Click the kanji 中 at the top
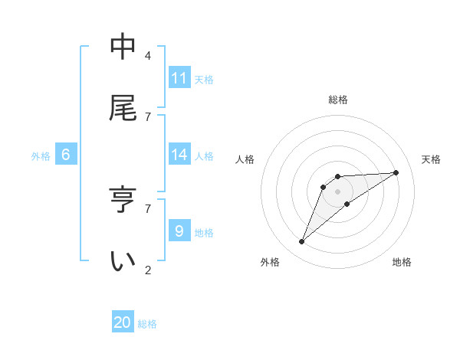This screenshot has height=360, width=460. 123,47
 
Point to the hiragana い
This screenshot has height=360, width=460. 123,260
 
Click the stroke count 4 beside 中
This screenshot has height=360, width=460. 148,55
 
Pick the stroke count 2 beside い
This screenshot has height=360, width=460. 148,269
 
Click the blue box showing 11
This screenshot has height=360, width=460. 179,78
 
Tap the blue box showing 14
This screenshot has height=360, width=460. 179,155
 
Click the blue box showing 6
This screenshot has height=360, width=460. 66,155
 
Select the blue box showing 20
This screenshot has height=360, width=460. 123,322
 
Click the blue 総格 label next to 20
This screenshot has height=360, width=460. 147,324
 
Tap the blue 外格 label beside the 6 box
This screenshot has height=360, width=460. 41,156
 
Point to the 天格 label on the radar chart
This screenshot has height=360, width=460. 431,159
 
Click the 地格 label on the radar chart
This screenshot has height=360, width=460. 402,262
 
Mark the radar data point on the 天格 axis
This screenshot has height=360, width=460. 396,172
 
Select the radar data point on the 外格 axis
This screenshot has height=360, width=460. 302,242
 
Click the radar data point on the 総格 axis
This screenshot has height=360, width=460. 338,177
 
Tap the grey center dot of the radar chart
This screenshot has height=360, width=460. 338,191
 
